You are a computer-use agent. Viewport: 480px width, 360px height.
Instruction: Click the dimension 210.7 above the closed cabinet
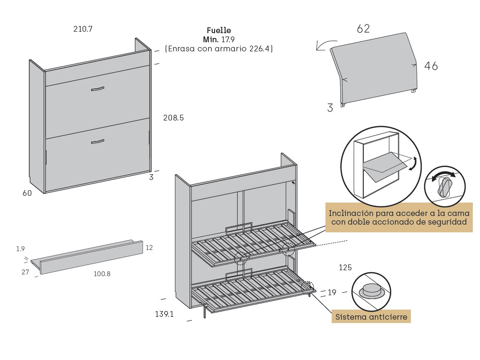[83, 29]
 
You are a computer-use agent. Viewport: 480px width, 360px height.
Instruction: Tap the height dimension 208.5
[173, 118]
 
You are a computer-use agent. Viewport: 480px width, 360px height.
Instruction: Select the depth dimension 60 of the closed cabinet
[27, 193]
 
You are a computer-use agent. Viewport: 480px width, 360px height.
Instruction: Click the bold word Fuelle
[219, 31]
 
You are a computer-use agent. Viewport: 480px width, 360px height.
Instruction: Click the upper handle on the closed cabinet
[97, 89]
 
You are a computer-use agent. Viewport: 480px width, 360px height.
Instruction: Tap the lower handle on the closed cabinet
[97, 141]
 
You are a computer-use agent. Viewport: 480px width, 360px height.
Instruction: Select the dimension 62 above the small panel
[363, 29]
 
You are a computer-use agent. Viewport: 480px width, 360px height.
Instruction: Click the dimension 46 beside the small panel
[431, 66]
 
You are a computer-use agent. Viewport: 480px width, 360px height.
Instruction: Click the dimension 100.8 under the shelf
[102, 274]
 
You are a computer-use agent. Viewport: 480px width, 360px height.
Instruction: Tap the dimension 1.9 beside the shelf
[20, 249]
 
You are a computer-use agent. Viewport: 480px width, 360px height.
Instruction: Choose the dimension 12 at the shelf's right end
[149, 248]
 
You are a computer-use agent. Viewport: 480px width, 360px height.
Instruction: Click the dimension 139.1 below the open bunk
[164, 314]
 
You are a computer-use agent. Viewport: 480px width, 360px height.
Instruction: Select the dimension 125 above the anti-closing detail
[346, 267]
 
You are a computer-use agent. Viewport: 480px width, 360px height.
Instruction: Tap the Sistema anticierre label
[371, 317]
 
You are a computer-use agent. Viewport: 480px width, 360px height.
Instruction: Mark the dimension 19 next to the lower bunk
[332, 292]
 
